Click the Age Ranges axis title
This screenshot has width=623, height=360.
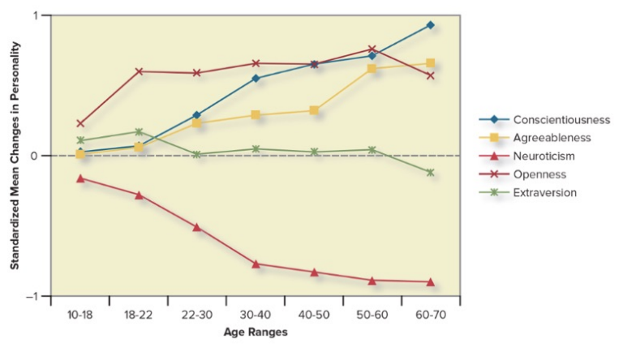(255, 332)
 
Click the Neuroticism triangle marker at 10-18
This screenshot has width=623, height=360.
(80, 178)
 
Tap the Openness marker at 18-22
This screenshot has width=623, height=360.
(139, 71)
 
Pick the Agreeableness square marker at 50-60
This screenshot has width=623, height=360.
(372, 69)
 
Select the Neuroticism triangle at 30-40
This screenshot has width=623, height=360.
(256, 264)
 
